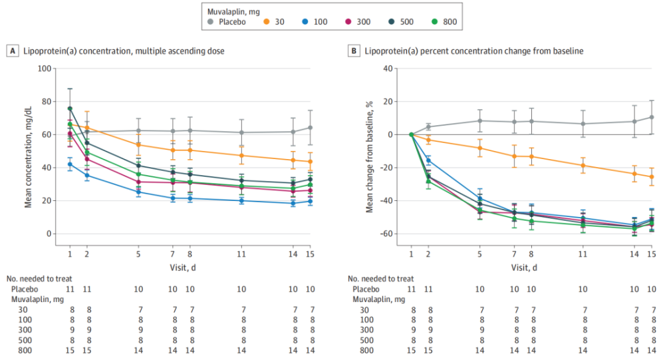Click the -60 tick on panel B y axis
tap(386, 234)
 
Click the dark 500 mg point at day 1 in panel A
tap(70, 108)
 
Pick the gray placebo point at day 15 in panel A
tap(310, 128)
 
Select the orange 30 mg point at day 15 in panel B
tap(651, 176)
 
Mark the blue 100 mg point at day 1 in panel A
tap(70, 164)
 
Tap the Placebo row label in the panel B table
tap(366, 289)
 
